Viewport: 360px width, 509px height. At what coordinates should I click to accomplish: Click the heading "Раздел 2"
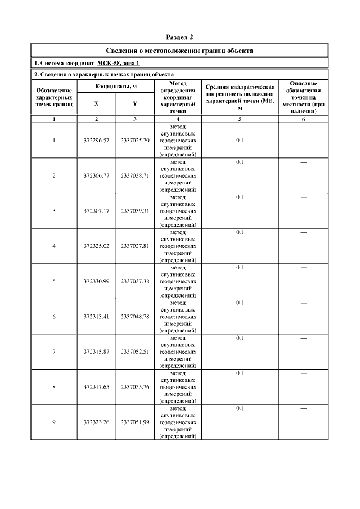[180, 37]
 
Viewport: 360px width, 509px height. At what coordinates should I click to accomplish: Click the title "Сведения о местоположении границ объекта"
[180, 51]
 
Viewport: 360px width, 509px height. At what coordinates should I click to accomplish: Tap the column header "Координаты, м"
[116, 85]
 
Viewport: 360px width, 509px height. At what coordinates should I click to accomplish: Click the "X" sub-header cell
[97, 104]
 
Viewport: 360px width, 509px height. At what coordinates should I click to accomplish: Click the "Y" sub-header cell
[134, 104]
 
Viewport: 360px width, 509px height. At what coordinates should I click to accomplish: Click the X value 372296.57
[97, 141]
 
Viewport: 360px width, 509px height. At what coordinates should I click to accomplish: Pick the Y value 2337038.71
[135, 175]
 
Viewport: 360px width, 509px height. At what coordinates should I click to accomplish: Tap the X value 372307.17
[97, 211]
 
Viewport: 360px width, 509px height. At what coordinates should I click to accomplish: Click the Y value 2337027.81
[135, 246]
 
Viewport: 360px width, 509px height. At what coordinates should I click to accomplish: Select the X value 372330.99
[97, 281]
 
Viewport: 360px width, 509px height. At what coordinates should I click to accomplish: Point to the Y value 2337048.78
[135, 317]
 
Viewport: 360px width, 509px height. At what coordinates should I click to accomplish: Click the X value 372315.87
[97, 352]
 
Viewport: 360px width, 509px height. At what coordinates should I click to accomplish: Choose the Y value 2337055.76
[135, 387]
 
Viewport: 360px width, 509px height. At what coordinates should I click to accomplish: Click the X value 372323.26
[97, 422]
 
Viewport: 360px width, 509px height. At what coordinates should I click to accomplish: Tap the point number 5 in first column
[54, 281]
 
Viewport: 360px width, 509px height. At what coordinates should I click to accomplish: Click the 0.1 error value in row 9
[240, 408]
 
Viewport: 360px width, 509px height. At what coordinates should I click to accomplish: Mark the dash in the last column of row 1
[303, 141]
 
